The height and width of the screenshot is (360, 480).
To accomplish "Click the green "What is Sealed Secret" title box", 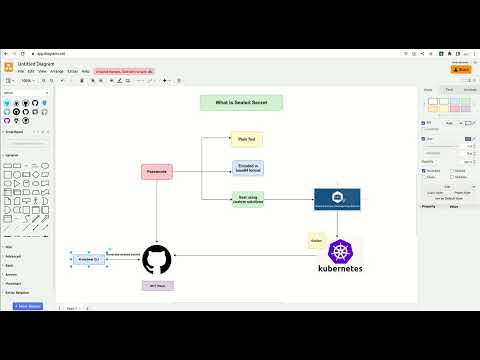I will [241, 102].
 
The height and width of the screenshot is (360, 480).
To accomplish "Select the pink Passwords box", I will [157, 172].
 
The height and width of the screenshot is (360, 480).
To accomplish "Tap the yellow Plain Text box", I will [247, 140].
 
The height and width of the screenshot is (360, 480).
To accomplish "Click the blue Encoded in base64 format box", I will [247, 168].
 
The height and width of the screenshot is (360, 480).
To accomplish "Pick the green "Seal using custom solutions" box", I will [247, 199].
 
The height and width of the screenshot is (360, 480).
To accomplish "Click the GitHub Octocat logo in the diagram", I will [157, 259].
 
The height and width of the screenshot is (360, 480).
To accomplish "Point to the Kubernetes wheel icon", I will [340, 252].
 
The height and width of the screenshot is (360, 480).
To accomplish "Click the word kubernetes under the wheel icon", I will [340, 269].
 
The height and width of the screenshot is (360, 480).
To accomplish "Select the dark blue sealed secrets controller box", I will [337, 198].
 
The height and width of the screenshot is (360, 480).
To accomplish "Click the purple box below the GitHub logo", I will [157, 286].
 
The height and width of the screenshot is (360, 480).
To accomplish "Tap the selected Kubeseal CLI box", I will [87, 259].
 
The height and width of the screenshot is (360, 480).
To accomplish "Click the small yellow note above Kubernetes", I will [316, 241].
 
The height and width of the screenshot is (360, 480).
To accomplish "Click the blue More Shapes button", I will [28, 306].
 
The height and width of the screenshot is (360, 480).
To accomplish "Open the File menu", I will [21, 71].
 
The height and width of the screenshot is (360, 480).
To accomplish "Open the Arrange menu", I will [57, 71].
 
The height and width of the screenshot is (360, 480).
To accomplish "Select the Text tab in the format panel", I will [449, 90].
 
